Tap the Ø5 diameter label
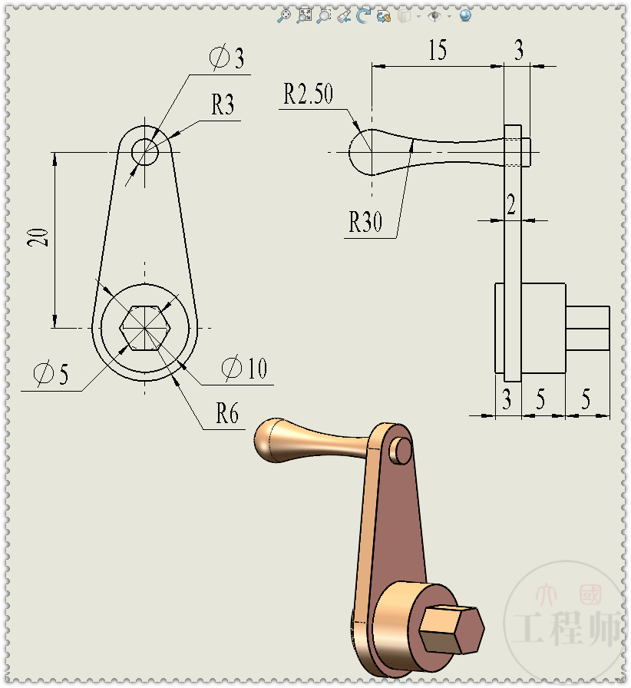(x=51, y=374)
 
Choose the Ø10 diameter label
(x=244, y=368)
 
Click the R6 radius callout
(x=227, y=415)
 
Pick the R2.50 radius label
(x=308, y=94)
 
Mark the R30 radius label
(x=365, y=222)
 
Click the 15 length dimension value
(x=436, y=51)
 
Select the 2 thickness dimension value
(x=510, y=204)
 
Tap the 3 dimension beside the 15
(x=519, y=51)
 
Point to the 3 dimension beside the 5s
(x=507, y=399)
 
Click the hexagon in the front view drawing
(x=144, y=328)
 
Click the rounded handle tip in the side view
(x=360, y=150)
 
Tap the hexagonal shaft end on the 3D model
(x=451, y=627)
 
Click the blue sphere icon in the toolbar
(x=465, y=15)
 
